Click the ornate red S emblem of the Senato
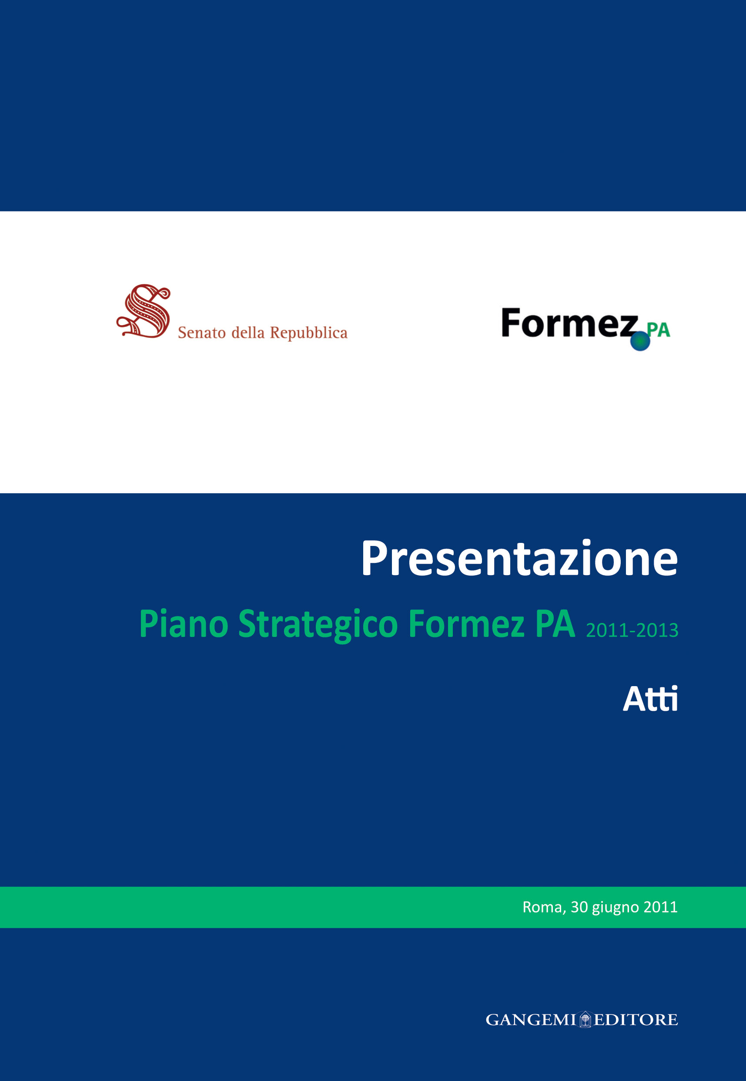tap(144, 310)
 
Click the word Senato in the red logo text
tap(202, 333)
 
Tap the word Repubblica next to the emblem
tap(308, 333)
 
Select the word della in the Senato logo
tap(248, 333)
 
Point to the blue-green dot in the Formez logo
tap(640, 341)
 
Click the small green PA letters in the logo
tap(659, 330)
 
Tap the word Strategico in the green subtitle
tap(318, 624)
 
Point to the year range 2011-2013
tap(632, 630)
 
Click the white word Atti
tap(650, 699)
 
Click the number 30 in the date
tap(579, 907)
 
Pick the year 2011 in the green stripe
tap(660, 907)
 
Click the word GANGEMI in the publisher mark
tap(531, 1020)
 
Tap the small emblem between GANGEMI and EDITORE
tap(585, 1019)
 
